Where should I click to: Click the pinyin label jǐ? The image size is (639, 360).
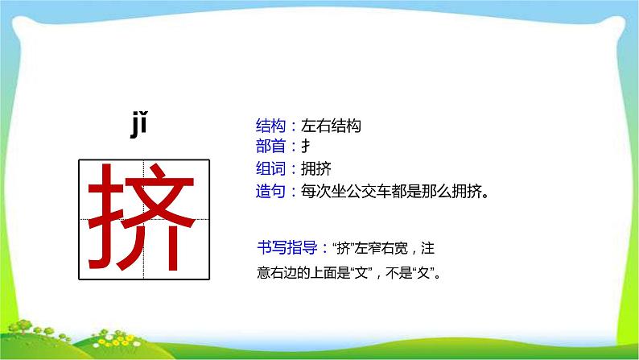pos(140,126)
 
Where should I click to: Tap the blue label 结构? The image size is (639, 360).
pos(270,126)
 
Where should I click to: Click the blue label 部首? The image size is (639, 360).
pos(270,147)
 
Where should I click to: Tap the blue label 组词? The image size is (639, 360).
pos(270,169)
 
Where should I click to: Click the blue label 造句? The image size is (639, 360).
pos(270,192)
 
